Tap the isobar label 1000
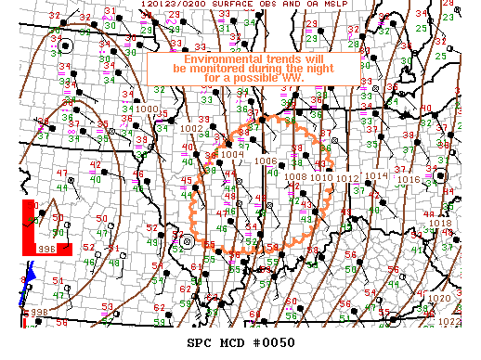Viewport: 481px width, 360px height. click(x=147, y=109)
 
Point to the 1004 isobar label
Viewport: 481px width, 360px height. click(x=219, y=155)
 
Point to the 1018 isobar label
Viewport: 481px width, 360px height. click(x=440, y=223)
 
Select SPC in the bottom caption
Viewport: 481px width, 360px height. click(x=201, y=342)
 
